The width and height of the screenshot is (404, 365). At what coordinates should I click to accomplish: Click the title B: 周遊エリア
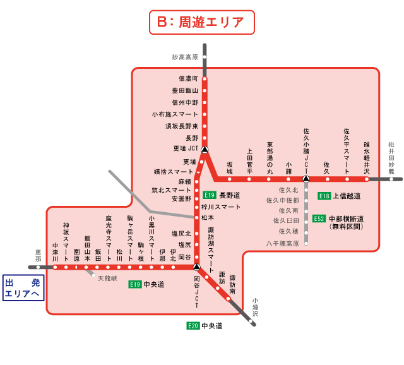point(201,22)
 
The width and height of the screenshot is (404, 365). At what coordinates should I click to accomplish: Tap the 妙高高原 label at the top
point(185,57)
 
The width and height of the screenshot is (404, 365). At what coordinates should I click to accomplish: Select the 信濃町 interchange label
point(189,78)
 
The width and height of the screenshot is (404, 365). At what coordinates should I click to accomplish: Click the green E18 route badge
point(324,196)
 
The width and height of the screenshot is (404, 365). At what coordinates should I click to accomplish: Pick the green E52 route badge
point(319,218)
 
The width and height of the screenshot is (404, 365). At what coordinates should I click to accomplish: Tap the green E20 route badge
point(193,326)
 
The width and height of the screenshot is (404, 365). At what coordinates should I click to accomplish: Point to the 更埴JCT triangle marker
point(205,150)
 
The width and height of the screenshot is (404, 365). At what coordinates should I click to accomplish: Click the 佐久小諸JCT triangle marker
point(306,179)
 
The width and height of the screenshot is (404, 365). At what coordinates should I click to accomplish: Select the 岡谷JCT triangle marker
point(196,267)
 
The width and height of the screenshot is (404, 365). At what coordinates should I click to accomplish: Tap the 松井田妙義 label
point(391,158)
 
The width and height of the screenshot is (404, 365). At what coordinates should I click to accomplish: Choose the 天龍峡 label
point(107,278)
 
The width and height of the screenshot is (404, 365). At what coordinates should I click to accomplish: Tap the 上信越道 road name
point(347,196)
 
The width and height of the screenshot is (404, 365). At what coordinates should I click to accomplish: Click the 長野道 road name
point(230,195)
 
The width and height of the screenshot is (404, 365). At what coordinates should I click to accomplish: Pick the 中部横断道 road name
point(347,218)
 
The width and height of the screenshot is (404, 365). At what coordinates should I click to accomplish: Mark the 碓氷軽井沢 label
point(367,157)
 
